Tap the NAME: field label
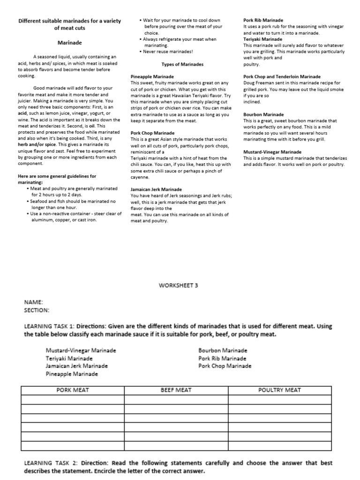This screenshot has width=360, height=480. pos(33,302)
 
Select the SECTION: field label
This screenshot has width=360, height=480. pos(36,310)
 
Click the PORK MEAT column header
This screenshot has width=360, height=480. pos(73,390)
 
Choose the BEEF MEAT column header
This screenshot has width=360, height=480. pos(176,390)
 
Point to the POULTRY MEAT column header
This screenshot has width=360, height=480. pos(280,390)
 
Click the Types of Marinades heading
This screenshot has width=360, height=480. pos(182,64)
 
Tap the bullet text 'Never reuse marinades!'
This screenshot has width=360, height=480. pos(169,52)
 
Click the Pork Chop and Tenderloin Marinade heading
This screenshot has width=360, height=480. pos(282,76)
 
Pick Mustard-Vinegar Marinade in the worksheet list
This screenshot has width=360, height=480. pos(81,350)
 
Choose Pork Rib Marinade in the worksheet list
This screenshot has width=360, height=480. pos(222,358)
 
